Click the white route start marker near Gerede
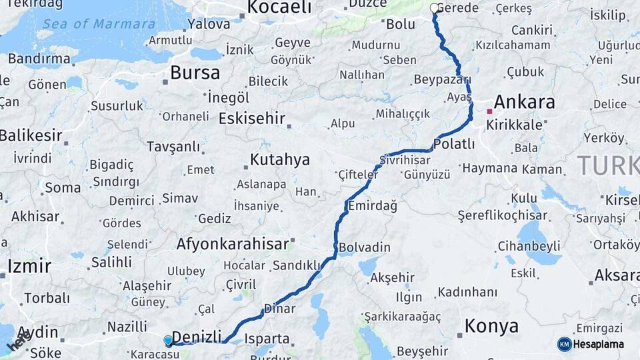point(435,9)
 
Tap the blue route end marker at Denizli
point(168,341)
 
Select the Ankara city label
point(524,102)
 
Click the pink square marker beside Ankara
point(490,111)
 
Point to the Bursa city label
point(195,73)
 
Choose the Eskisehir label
point(251,119)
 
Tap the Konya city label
point(491,326)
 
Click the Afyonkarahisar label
point(232,244)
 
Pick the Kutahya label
point(279,160)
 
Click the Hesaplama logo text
point(599,344)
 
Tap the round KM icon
point(564,344)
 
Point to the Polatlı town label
point(454,144)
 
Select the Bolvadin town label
point(365,247)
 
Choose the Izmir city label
point(29,267)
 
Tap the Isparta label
point(267,339)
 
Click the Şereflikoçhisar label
point(502,215)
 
